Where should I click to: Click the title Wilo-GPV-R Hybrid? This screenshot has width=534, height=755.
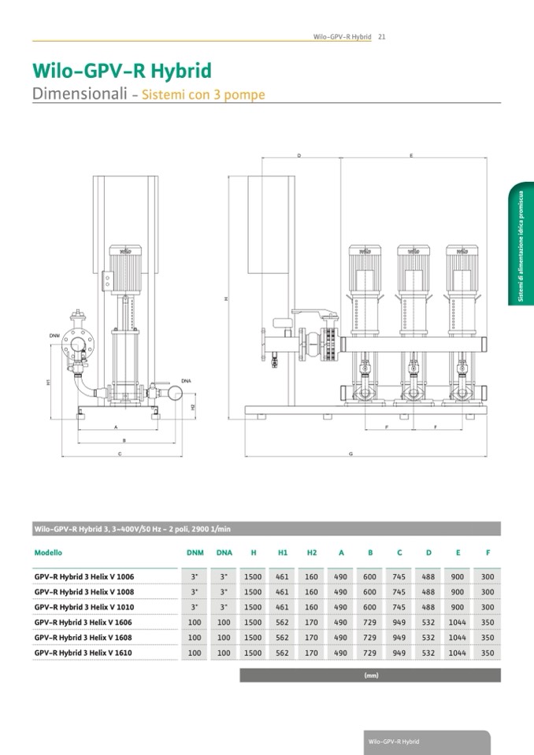pyautogui.click(x=121, y=71)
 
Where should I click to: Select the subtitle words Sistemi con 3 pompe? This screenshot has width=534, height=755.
pyautogui.click(x=203, y=95)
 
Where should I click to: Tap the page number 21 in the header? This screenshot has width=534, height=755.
pyautogui.click(x=381, y=36)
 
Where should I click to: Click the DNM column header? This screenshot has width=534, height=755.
pyautogui.click(x=195, y=553)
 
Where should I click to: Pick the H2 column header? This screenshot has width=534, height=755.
pyautogui.click(x=312, y=553)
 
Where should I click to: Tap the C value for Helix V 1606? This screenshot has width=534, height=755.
pyautogui.click(x=399, y=623)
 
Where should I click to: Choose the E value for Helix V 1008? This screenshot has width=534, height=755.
pyautogui.click(x=458, y=592)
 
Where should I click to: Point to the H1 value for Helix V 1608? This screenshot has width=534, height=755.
pyautogui.click(x=282, y=638)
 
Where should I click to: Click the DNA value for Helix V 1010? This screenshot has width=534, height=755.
pyautogui.click(x=224, y=607)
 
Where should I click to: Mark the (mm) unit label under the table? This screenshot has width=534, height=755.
pyautogui.click(x=371, y=675)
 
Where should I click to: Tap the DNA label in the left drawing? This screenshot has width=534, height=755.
pyautogui.click(x=186, y=381)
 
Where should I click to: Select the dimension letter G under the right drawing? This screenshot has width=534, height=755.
pyautogui.click(x=350, y=455)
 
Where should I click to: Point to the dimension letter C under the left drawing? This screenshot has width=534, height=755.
pyautogui.click(x=119, y=455)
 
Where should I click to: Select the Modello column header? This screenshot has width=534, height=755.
pyautogui.click(x=48, y=553)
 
